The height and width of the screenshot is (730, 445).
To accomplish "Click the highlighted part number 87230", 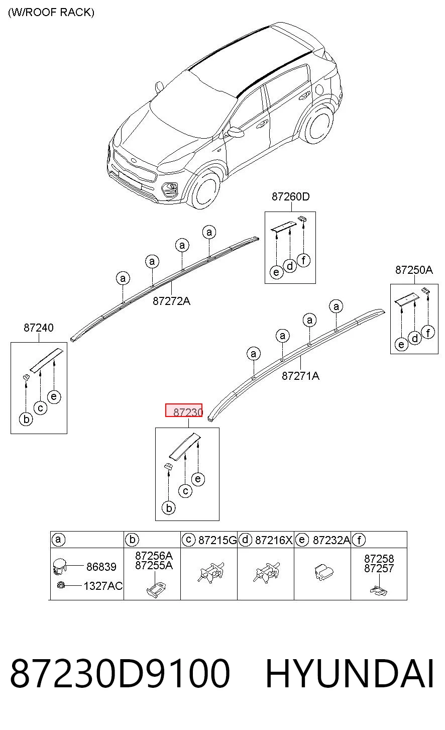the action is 188,412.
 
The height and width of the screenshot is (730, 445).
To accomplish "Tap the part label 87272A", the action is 171,301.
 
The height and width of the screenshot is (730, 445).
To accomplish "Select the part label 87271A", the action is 300,376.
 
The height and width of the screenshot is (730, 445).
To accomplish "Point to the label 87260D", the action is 291,196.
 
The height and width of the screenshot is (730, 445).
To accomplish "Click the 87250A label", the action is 414,270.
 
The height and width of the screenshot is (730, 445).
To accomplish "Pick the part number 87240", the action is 39,328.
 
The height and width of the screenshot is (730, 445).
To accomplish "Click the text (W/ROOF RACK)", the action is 51,13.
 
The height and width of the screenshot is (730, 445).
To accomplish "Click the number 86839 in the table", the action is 101,567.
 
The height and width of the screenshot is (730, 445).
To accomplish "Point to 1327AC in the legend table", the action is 103,586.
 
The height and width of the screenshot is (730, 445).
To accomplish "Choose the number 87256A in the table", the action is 154,555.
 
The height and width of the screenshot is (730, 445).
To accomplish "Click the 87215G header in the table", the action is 217,540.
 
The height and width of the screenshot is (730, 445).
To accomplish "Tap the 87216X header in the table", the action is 274,540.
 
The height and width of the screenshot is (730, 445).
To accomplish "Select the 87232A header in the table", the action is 331,540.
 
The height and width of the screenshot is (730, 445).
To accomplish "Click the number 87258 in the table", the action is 379,559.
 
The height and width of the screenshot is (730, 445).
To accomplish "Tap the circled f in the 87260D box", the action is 304,260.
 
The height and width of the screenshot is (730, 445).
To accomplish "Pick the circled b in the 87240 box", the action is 27,419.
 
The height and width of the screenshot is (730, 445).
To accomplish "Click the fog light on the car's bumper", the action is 169,189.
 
